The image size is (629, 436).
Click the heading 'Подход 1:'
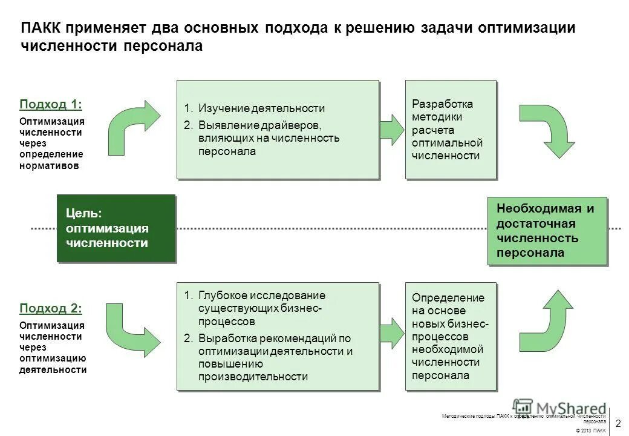tap(51, 104)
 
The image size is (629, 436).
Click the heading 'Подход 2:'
tap(51, 308)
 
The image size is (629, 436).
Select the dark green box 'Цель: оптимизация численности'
tap(116, 228)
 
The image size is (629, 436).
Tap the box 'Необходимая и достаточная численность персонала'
tap(547, 231)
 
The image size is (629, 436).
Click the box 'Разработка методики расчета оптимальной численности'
tap(450, 129)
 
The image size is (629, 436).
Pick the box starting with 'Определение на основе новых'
tap(450, 336)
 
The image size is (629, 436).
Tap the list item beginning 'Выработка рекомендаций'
tap(275, 357)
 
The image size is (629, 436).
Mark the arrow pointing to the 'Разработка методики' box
tap(391, 129)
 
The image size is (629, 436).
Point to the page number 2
tap(619, 423)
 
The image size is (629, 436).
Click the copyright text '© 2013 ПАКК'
tap(591, 430)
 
